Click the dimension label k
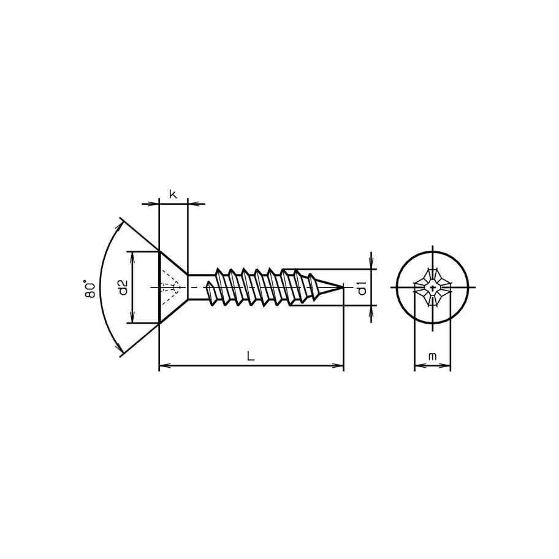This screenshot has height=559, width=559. (x=173, y=195)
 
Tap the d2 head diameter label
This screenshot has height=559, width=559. (x=123, y=287)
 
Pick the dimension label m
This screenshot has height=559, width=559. (x=433, y=356)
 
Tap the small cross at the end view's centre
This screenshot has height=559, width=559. (x=433, y=287)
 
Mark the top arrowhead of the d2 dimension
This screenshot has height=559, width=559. (x=132, y=254)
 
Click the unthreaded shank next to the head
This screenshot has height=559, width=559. (x=200, y=287)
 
